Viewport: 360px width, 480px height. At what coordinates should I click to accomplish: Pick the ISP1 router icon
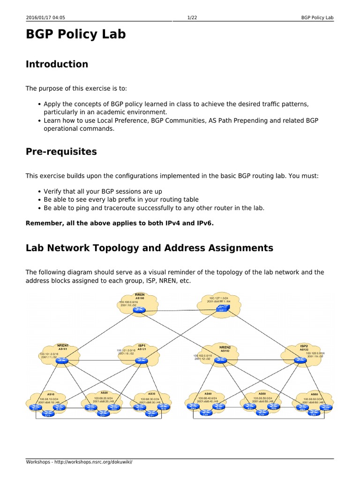[141, 360]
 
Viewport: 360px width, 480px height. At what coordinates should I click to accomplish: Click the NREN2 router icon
[222, 360]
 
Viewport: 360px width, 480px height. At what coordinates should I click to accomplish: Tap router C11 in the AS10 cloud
[47, 414]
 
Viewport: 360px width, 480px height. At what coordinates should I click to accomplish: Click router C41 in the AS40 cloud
[205, 414]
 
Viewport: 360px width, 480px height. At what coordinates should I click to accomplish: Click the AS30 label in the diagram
[151, 393]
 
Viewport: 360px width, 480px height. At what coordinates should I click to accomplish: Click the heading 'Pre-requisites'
[61, 151]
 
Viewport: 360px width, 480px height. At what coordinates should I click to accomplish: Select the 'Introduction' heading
[57, 64]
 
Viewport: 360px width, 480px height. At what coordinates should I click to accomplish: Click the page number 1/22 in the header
[191, 18]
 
